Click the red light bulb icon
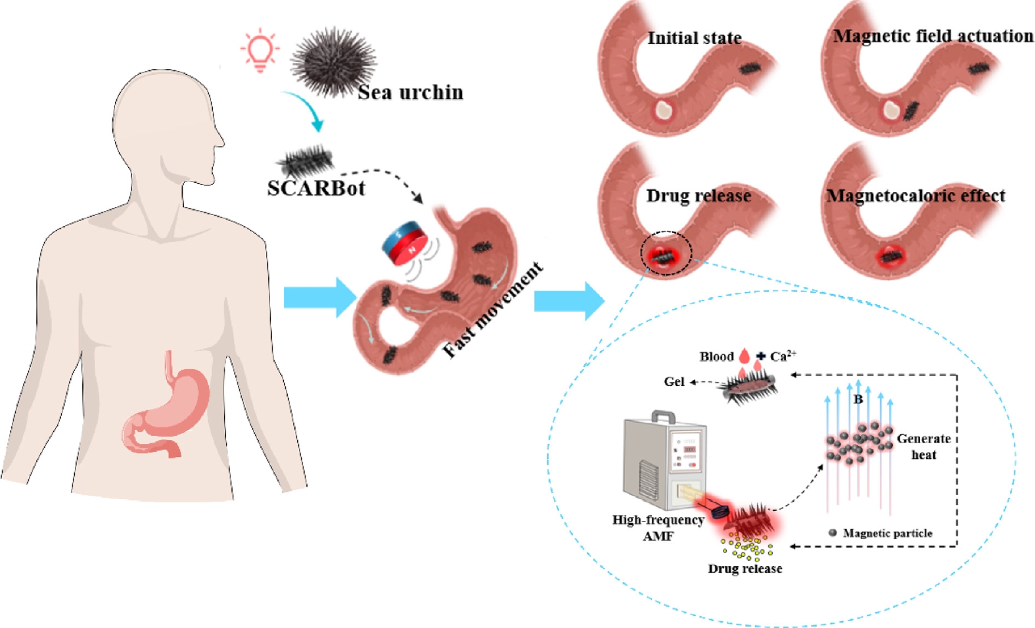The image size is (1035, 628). [260, 49]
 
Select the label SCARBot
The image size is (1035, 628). [316, 188]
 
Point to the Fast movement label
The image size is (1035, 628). [493, 310]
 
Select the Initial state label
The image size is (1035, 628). [694, 38]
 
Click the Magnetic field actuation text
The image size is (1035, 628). [932, 36]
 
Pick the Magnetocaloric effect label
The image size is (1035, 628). [915, 196]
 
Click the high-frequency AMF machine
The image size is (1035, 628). [664, 460]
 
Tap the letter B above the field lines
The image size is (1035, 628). [858, 399]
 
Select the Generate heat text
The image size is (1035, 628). [923, 447]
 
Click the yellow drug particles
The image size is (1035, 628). [748, 546]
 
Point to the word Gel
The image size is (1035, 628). [674, 381]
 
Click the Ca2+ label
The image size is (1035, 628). [783, 356]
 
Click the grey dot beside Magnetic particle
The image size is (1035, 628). [833, 533]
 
